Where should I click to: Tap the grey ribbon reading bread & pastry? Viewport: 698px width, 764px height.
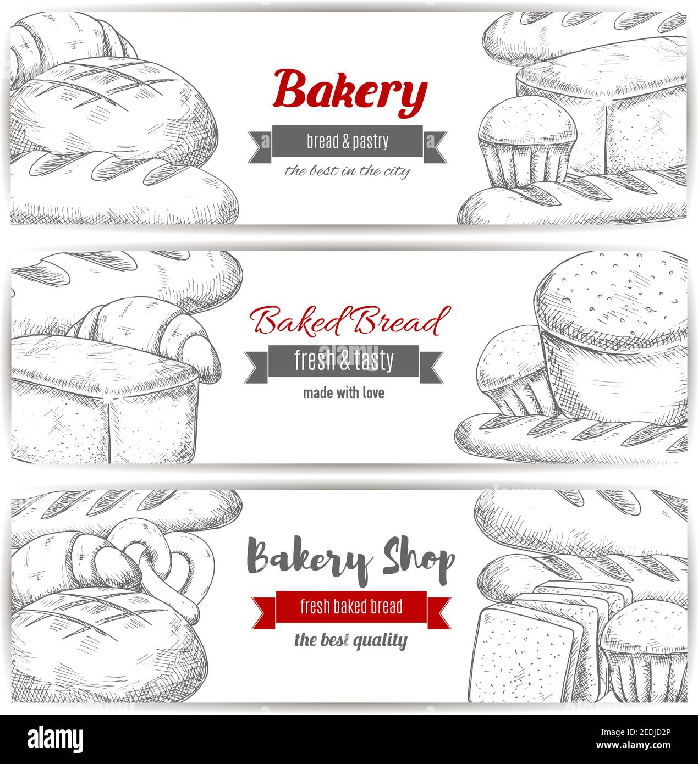[347, 142]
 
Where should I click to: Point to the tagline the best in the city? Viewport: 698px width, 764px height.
[347, 171]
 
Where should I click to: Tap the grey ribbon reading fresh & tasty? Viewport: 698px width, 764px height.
[344, 361]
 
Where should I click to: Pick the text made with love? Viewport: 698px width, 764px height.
[344, 394]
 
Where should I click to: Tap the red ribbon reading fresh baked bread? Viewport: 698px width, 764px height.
[351, 607]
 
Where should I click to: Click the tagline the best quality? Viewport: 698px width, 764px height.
[351, 640]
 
